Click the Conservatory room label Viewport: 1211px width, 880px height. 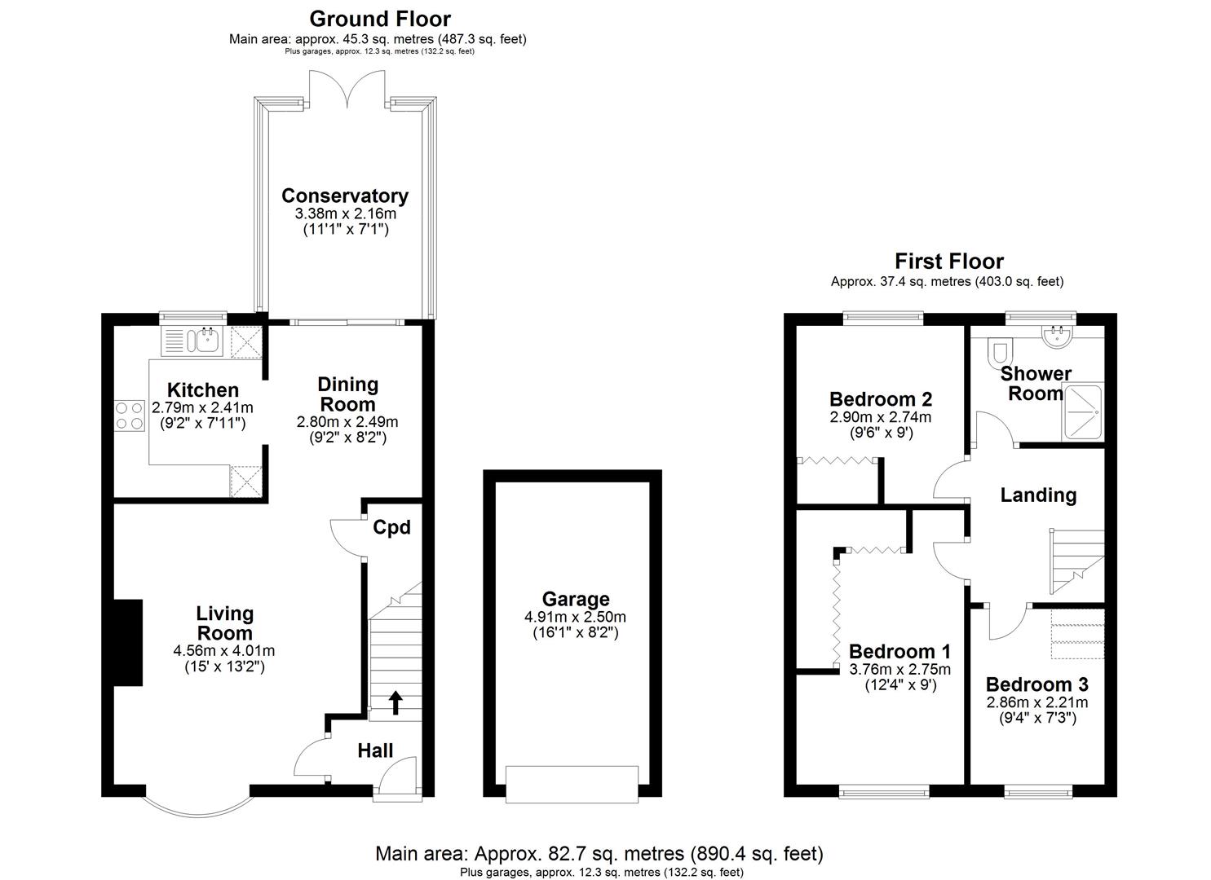click(x=344, y=196)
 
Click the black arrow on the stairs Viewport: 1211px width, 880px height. click(x=396, y=702)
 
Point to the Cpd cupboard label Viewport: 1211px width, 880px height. click(x=391, y=528)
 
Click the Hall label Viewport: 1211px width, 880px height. click(x=375, y=750)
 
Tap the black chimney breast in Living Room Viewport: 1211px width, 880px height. click(x=127, y=643)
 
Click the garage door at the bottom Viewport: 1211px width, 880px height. click(x=572, y=781)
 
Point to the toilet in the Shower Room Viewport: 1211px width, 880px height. click(x=998, y=350)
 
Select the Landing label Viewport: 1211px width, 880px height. click(x=1038, y=495)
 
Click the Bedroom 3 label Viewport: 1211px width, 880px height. click(x=1036, y=684)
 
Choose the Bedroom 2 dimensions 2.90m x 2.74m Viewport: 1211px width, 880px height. click(x=880, y=417)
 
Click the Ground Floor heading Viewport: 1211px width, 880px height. click(x=379, y=18)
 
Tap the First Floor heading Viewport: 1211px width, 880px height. click(x=948, y=261)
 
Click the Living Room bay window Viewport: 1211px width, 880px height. click(x=197, y=805)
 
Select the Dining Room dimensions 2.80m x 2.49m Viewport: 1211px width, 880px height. click(x=347, y=422)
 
